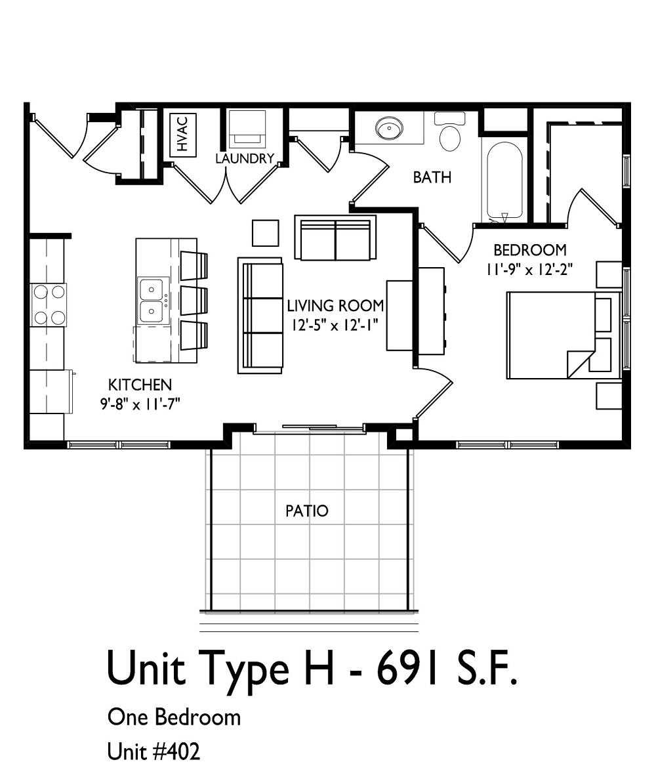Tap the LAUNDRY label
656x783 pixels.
[x=245, y=159]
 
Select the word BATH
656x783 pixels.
[x=432, y=177]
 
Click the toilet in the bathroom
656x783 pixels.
[x=450, y=131]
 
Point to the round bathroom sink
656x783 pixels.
[x=390, y=128]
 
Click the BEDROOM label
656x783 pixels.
[x=529, y=249]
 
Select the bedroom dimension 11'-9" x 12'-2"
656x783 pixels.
[x=529, y=270]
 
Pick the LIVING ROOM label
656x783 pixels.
[x=335, y=306]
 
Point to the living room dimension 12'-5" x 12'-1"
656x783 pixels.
[x=335, y=325]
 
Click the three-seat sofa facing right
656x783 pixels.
[x=260, y=316]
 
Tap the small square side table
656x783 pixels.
[x=265, y=233]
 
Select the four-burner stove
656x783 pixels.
[x=49, y=305]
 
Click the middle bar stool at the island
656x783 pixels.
[x=194, y=301]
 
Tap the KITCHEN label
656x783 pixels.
[x=140, y=385]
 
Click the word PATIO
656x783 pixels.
[x=307, y=511]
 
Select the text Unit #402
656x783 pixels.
[x=154, y=751]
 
